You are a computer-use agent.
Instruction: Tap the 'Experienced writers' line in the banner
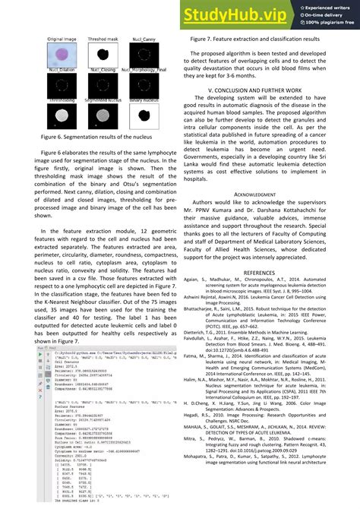click(326, 6)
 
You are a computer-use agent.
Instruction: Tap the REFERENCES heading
click(262, 272)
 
